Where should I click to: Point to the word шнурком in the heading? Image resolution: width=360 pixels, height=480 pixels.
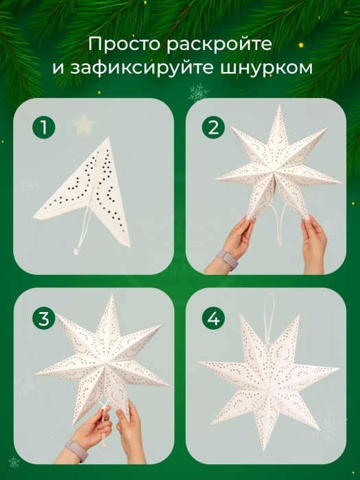coord(266,68)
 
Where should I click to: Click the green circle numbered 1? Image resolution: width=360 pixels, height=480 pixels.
coord(44,127)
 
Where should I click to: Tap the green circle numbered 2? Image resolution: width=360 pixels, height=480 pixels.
coord(213,127)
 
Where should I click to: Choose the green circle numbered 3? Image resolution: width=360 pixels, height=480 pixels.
coord(44,318)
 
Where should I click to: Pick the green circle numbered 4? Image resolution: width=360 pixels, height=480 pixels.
coord(213,318)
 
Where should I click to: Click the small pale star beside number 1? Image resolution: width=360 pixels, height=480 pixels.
coord(84,123)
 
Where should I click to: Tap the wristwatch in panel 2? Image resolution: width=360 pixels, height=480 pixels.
coord(228,260)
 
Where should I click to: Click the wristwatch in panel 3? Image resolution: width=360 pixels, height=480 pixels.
coord(77,450)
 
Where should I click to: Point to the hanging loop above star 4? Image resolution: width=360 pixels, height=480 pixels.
coord(269,318)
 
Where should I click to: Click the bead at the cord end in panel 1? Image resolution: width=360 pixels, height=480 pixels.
coord(75,252)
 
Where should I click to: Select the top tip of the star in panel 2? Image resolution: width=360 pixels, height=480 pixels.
coord(279,106)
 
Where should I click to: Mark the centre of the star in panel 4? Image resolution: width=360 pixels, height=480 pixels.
coord(269,389)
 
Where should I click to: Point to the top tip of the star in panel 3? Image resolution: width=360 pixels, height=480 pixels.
coord(112,295)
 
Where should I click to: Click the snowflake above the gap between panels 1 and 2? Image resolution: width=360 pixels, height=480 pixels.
coord(198,93)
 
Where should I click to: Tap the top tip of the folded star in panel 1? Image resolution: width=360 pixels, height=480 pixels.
coord(108,137)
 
